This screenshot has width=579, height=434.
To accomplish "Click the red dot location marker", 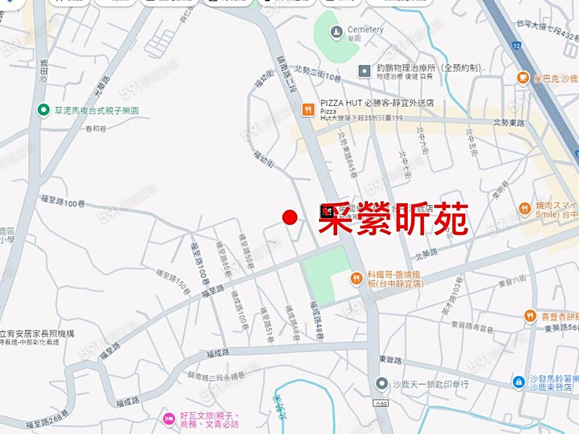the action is click(290, 218).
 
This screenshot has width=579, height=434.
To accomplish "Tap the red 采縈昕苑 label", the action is click(394, 219).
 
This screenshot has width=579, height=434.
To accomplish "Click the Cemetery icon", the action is click(336, 31).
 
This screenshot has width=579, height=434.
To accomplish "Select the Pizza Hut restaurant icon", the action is click(309, 109).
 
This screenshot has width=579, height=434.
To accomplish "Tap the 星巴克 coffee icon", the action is click(523, 78).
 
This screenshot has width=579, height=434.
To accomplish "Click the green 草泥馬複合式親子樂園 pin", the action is click(44, 110).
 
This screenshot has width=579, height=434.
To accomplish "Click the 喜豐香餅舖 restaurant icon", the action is click(529, 316).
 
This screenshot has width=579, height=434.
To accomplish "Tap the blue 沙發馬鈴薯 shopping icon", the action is click(519, 382).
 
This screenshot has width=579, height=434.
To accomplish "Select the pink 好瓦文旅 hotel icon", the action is click(169, 419).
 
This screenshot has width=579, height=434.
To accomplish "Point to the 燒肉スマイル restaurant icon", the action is click(525, 208).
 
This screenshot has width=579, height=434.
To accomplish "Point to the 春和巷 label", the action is click(94, 128).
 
